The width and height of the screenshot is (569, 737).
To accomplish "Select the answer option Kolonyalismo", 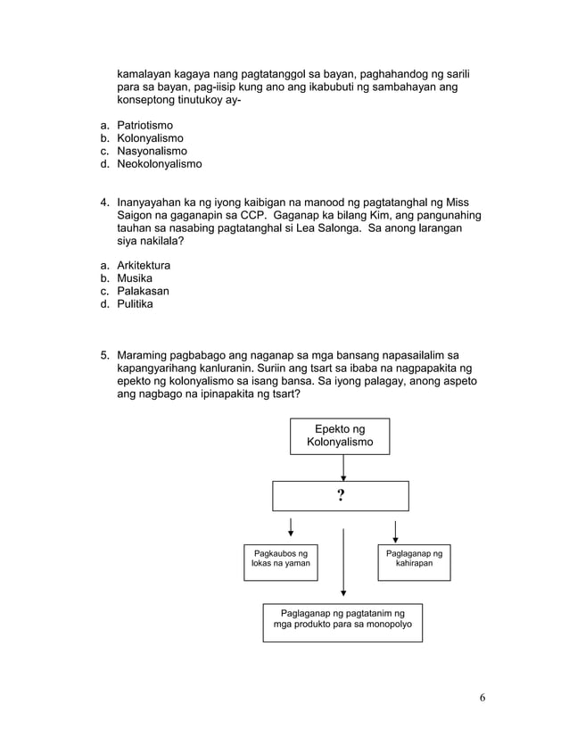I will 150,139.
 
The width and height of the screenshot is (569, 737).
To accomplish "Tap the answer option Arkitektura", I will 144,266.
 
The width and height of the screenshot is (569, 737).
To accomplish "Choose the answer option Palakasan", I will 143,291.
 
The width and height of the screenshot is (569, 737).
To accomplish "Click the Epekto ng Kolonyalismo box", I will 340,436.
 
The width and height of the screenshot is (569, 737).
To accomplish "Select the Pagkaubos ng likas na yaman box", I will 281,562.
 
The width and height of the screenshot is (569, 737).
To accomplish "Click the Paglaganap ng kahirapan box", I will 413,562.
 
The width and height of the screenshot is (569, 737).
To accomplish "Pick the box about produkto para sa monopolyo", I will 342,621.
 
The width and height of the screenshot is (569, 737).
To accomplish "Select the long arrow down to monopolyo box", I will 343,561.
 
